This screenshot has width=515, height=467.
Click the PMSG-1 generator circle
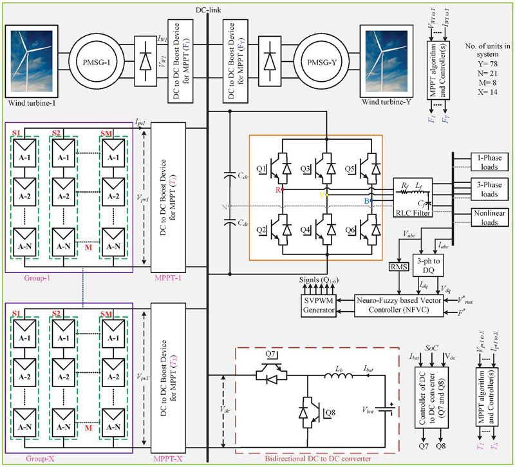click(92, 55)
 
